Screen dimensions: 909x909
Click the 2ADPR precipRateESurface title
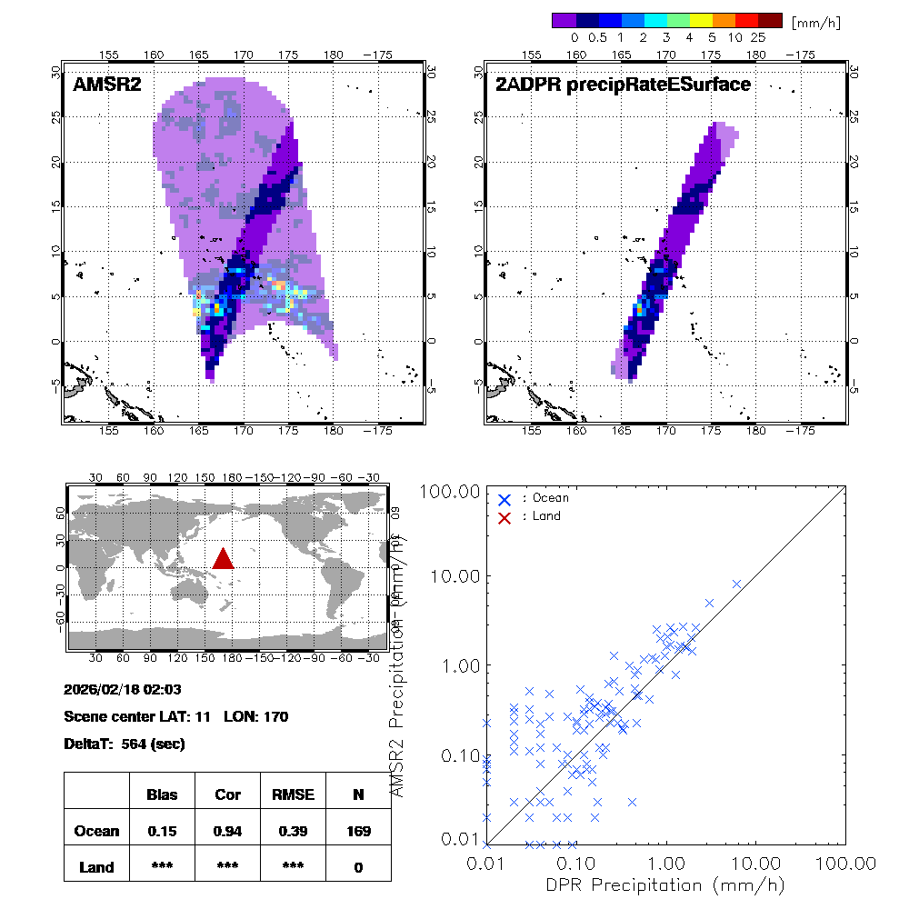point(623,85)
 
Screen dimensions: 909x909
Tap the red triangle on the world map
point(223,559)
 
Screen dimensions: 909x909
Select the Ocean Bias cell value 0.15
point(162,831)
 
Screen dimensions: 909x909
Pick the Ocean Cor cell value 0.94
point(227,831)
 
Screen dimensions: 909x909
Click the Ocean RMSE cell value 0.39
point(293,831)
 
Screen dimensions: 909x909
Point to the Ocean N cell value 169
point(358,831)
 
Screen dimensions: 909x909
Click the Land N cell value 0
point(358,867)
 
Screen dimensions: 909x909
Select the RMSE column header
point(293,794)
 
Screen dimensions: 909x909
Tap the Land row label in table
point(96,867)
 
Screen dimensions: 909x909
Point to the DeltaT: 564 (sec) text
point(125,744)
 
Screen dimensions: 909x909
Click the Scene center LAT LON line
point(176,716)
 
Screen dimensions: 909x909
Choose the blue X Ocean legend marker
point(504,499)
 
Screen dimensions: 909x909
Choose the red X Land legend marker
point(504,516)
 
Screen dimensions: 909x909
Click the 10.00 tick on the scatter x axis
point(758,862)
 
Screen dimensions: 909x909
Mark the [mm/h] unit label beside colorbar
point(815,21)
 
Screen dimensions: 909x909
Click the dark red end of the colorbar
point(769,20)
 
